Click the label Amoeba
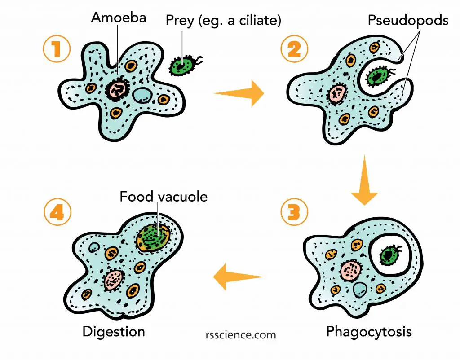click(119, 18)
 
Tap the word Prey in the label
click(180, 21)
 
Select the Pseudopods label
click(408, 21)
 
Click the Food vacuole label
click(164, 197)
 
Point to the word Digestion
click(114, 332)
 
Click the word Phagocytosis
click(369, 332)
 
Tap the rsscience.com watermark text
click(241, 334)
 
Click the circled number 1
click(57, 48)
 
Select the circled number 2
click(294, 49)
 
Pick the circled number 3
click(294, 212)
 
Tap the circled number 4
click(57, 212)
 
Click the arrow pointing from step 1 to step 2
click(239, 93)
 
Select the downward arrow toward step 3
click(364, 180)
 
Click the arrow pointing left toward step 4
click(238, 277)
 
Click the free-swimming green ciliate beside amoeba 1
click(184, 66)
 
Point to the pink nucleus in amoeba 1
click(117, 89)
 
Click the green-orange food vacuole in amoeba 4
click(154, 237)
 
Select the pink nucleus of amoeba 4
click(114, 280)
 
